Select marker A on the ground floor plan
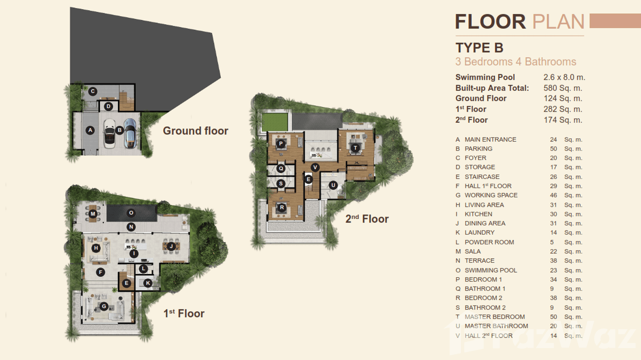click(x=90, y=130)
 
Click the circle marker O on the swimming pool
click(x=130, y=212)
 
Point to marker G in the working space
click(x=103, y=306)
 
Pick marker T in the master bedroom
click(x=355, y=148)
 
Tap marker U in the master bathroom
click(x=332, y=185)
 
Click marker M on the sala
click(x=93, y=214)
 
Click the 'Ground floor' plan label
click(x=195, y=131)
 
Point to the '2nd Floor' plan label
click(x=367, y=219)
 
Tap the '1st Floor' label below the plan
click(x=184, y=314)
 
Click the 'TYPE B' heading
click(x=479, y=48)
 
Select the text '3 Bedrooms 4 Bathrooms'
click(x=515, y=62)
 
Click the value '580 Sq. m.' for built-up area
click(x=563, y=88)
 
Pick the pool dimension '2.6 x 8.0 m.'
click(x=564, y=77)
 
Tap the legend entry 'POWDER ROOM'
click(x=489, y=242)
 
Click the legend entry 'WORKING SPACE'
click(x=491, y=195)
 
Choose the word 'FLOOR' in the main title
click(x=490, y=22)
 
